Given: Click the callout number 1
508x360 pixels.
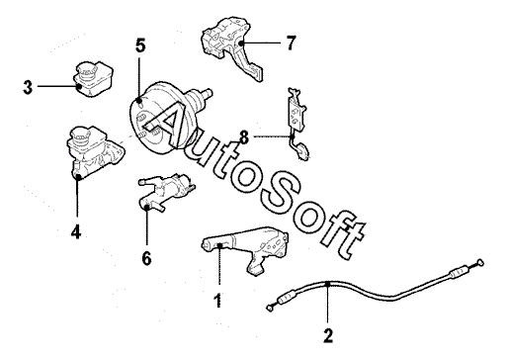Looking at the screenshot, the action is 217,301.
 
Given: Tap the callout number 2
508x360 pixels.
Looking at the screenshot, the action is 328,335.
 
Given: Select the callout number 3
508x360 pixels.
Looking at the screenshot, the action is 28,87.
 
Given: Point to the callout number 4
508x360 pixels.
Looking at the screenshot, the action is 76,232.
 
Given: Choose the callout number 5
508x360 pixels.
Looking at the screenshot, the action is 140,45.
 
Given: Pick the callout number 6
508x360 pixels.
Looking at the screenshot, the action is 146,258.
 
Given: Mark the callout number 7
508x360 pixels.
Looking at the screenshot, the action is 291,43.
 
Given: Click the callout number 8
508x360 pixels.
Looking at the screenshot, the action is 244,137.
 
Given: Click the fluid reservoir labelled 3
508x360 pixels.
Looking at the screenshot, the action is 93,79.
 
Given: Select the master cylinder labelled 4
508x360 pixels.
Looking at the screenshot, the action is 96,152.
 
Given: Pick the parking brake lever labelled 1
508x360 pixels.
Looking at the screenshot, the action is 245,249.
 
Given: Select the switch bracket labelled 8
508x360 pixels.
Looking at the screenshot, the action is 297,124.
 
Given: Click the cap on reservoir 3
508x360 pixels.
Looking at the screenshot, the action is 87,70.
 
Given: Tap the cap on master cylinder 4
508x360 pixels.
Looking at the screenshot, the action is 80,135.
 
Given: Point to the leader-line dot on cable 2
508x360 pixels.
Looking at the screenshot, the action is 327,284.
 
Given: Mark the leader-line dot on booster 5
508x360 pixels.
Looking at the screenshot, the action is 139,100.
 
